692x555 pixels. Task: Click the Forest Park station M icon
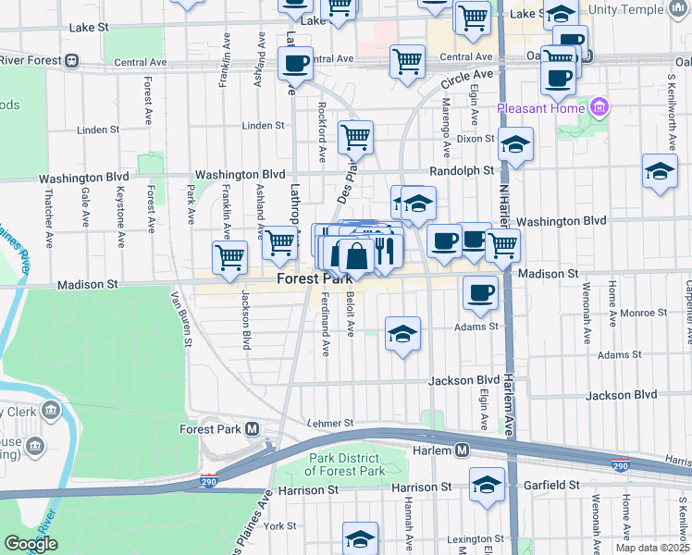tap(252, 430)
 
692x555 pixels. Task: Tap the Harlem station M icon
tap(463, 450)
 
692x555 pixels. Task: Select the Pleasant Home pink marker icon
tap(599, 107)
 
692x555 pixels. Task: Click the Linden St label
tap(263, 126)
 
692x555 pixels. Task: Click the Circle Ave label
tap(466, 80)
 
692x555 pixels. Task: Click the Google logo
tap(31, 544)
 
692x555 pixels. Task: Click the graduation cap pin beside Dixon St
tap(516, 143)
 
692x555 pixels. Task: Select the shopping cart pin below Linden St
tap(355, 138)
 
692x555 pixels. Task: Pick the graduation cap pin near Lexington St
tap(361, 537)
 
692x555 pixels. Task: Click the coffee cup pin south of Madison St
tap(479, 293)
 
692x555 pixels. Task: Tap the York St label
tap(278, 525)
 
